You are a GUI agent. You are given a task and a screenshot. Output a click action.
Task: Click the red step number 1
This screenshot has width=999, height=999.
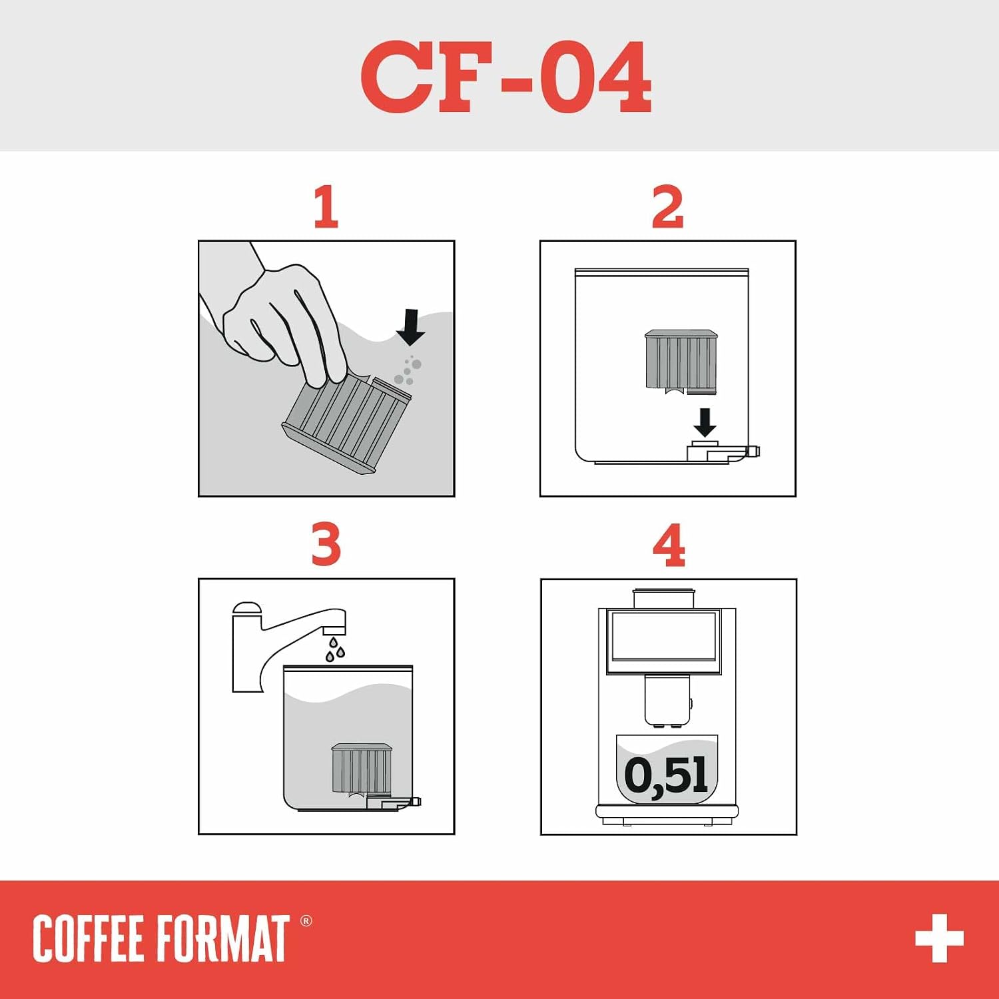coord(326,207)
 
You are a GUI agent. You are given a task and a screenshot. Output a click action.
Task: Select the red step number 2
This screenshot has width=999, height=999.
coord(668,207)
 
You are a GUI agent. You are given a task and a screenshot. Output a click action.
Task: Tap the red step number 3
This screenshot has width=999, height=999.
coord(326,545)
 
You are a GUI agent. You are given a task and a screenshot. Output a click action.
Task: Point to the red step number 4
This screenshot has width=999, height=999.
coord(669,545)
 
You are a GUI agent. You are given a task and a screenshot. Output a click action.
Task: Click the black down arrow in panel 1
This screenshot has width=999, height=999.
coord(410,327)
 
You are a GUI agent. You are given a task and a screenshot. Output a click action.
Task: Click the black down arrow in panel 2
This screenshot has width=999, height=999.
coord(705,422)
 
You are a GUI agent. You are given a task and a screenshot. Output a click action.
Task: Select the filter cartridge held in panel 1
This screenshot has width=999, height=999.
coord(346,424)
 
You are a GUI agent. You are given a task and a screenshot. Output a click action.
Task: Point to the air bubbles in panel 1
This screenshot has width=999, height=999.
coord(408,371)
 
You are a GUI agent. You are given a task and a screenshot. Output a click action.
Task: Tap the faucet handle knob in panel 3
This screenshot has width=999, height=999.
coord(246,608)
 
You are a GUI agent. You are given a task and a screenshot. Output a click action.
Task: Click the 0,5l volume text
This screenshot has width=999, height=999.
coord(666,775)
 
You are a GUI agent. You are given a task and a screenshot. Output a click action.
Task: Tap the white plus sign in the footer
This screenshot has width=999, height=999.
coord(939,938)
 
